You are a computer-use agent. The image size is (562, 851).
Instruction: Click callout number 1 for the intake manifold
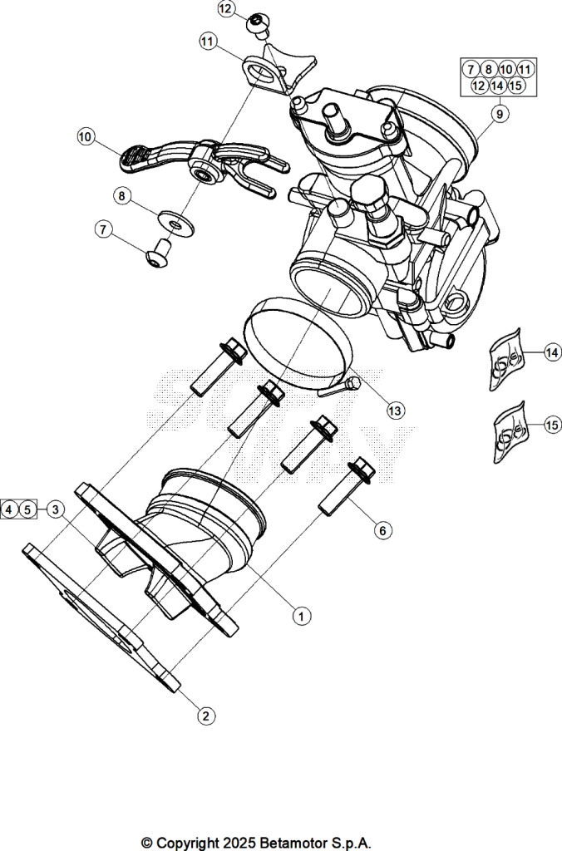pyautogui.click(x=301, y=616)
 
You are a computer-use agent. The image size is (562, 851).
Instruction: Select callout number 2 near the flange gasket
pyautogui.click(x=206, y=716)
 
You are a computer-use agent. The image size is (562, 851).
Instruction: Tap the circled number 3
pyautogui.click(x=56, y=509)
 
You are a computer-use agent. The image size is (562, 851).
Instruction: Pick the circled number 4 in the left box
pyautogui.click(x=8, y=509)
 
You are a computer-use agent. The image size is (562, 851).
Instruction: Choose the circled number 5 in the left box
pyautogui.click(x=27, y=509)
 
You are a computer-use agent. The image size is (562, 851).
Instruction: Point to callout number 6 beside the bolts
pyautogui.click(x=382, y=529)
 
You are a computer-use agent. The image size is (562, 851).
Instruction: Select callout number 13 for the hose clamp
pyautogui.click(x=395, y=411)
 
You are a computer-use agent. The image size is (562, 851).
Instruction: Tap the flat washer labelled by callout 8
pyautogui.click(x=176, y=224)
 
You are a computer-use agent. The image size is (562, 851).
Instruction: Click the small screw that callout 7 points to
pyautogui.click(x=159, y=253)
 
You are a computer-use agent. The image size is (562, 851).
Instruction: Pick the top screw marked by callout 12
pyautogui.click(x=259, y=25)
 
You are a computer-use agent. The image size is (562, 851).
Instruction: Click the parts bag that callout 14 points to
pyautogui.click(x=505, y=359)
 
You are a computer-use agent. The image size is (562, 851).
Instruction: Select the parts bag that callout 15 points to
pyautogui.click(x=510, y=432)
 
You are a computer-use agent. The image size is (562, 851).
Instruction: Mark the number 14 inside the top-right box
pyautogui.click(x=497, y=86)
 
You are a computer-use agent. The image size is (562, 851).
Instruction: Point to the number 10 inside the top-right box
pyautogui.click(x=506, y=69)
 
